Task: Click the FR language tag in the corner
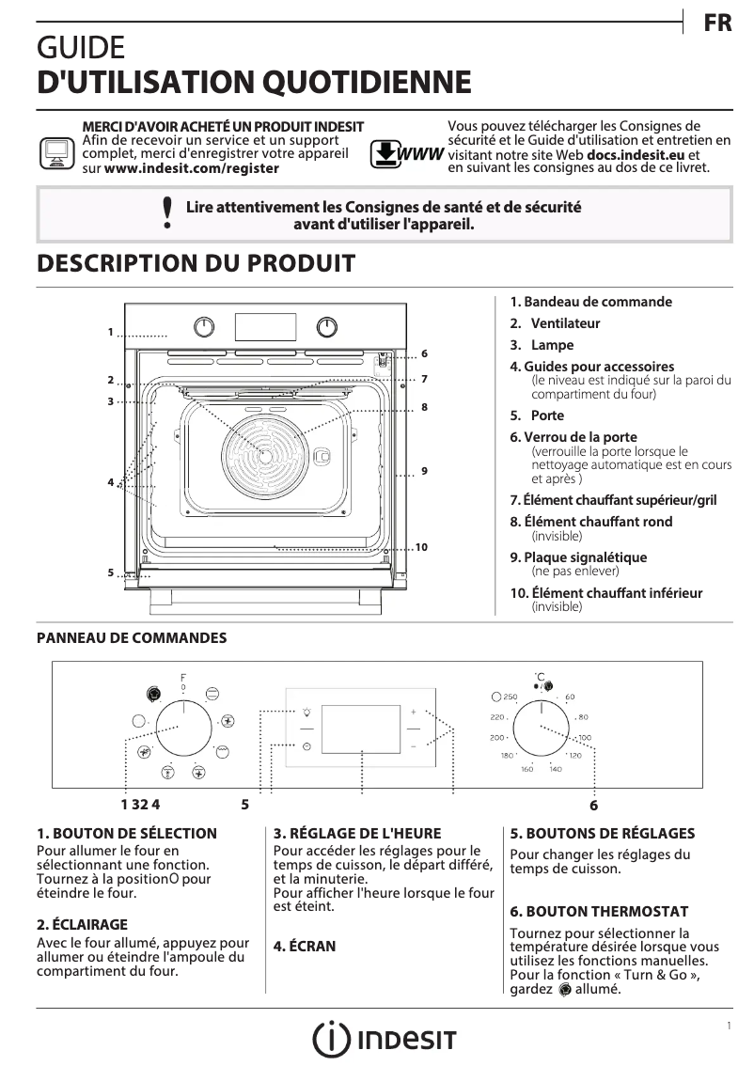pos(716,24)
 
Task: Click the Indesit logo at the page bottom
pos(385,1039)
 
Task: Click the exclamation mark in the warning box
pos(167,213)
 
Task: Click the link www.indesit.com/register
pos(191,168)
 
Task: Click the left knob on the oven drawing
pos(204,326)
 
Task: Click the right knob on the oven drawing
pos(326,326)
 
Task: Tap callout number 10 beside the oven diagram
pos(421,547)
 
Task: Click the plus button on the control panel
pos(413,712)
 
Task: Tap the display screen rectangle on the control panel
pos(361,729)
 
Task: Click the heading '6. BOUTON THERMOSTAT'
pos(599,911)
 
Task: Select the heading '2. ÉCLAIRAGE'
pos(82,924)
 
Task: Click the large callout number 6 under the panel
pos(593,806)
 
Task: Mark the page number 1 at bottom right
pos(728,1026)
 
